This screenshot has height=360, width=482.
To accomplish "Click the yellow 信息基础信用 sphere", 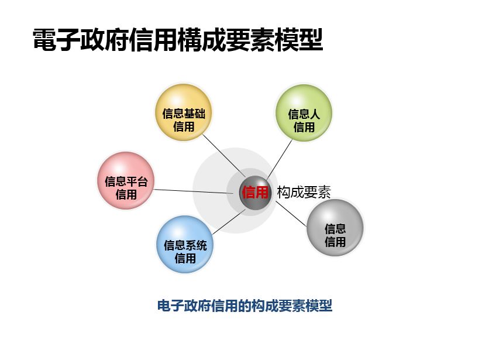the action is tap(184, 112).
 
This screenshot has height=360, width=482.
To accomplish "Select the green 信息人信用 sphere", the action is tap(304, 112).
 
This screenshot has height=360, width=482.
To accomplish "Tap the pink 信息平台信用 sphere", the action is tap(126, 181).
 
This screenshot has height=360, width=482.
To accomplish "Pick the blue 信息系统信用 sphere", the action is tap(185, 244).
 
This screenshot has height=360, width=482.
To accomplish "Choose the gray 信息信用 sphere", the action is tap(335, 228).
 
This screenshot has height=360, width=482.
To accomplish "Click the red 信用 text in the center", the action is tap(255, 193).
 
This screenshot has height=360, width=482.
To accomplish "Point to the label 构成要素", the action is tap(304, 193).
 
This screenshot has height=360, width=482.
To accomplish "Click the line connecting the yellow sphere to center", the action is tap(224, 156).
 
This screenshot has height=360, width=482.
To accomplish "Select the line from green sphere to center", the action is tap(280, 159).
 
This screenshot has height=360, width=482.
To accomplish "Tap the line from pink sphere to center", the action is tap(194, 191).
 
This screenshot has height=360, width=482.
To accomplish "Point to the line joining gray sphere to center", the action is tap(291, 214).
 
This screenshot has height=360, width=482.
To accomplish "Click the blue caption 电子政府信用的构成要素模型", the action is tap(245, 306).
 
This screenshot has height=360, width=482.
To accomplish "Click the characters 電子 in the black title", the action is tap(57, 40).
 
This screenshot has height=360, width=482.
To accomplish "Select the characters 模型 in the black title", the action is tap(299, 40).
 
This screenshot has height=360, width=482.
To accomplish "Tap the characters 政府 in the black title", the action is tap(105, 40).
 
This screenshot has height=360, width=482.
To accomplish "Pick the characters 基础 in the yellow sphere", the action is tap(195, 114).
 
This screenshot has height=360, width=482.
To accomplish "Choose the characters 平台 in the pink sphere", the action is tap(137, 181).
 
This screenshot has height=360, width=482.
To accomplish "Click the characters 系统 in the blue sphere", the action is tap(196, 245).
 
